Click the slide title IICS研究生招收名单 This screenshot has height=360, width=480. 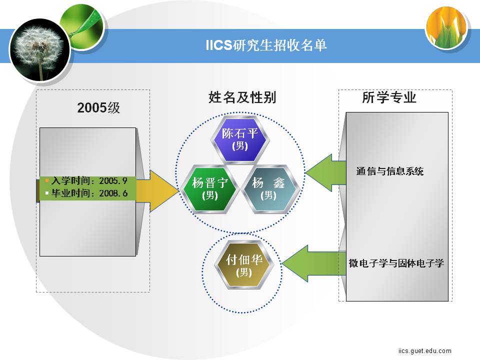click(266, 45)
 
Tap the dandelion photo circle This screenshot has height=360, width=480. click(40, 50)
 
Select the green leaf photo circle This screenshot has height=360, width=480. click(82, 27)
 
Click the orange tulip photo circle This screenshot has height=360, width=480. click(446, 28)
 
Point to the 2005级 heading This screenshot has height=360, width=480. click(98, 107)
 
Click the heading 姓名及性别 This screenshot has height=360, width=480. click(242, 97)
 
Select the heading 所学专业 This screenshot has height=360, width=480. click(389, 97)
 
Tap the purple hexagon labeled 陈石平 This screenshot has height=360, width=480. click(240, 139)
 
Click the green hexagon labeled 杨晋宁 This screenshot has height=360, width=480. click(210, 188)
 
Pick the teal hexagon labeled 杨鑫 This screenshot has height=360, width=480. click(269, 188)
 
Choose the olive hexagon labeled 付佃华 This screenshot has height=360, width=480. click(244, 265)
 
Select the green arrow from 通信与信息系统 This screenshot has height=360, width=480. click(325, 173)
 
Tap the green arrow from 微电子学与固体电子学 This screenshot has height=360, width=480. click(314, 263)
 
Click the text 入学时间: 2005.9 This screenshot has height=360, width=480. click(89, 180)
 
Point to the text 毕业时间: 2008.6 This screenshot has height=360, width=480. click(89, 193)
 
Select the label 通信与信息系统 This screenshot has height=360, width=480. click(389, 171)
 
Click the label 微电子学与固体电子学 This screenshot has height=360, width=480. click(396, 263)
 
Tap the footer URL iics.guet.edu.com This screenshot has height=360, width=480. click(425, 350)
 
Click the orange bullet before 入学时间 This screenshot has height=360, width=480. click(47, 180)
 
